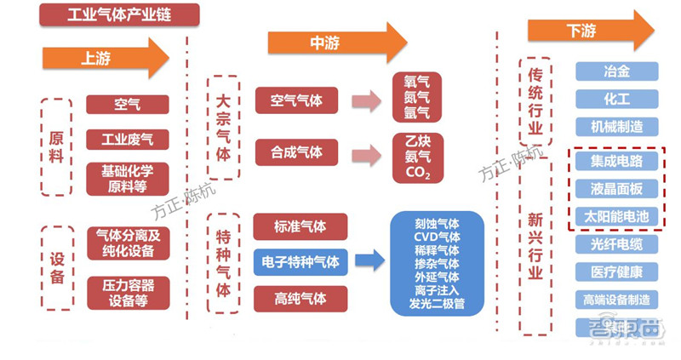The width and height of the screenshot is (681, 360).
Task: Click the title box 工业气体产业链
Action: (x=119, y=15)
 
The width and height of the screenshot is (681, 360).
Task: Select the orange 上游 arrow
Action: (x=106, y=59)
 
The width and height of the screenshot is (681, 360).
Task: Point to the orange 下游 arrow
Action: (x=588, y=31)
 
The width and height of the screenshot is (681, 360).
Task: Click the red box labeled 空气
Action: (x=127, y=105)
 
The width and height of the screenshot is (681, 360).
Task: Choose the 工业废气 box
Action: (x=127, y=139)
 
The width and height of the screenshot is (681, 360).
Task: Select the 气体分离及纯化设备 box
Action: (x=127, y=243)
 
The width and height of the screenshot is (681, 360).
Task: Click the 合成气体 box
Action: (x=296, y=152)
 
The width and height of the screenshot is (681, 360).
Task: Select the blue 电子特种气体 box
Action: (x=300, y=261)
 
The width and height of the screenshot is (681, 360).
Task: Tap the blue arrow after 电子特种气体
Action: (x=369, y=261)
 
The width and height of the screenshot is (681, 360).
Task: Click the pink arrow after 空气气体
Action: (x=367, y=101)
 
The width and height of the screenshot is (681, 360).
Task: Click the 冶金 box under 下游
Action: (x=616, y=71)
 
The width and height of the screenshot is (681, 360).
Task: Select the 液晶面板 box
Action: (x=616, y=188)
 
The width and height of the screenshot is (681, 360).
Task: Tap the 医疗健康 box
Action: (x=616, y=272)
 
